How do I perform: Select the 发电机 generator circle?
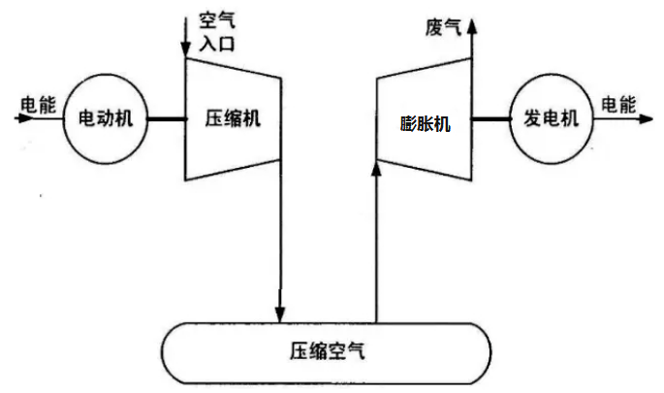(x=551, y=119)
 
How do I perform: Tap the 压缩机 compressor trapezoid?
(x=233, y=119)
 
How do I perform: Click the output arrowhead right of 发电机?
(x=643, y=119)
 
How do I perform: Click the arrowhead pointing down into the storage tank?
(x=280, y=313)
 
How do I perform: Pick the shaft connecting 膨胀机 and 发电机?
(x=491, y=119)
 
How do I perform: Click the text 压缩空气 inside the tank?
(x=327, y=348)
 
